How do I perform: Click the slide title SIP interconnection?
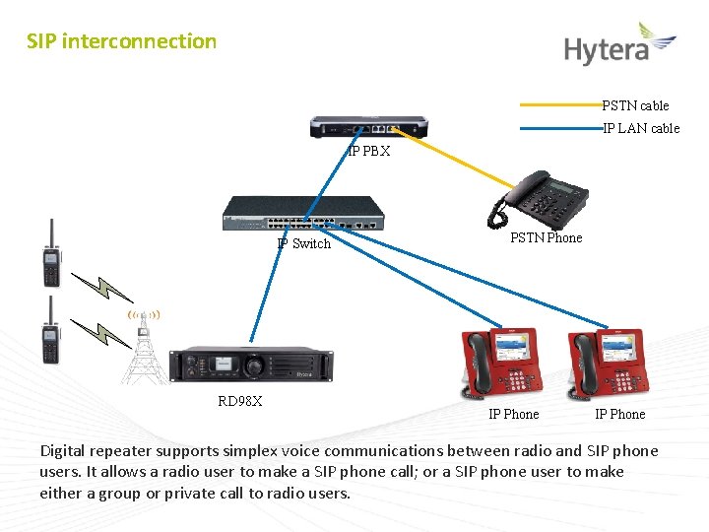pos(121,41)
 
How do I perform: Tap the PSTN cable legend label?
pos(635,105)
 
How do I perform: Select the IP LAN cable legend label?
pos(641,128)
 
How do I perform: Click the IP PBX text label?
pos(369,152)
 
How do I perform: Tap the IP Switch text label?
pos(304,243)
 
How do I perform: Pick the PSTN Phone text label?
pos(546,237)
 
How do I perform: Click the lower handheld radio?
pos(48,331)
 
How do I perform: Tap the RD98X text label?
pos(239,401)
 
